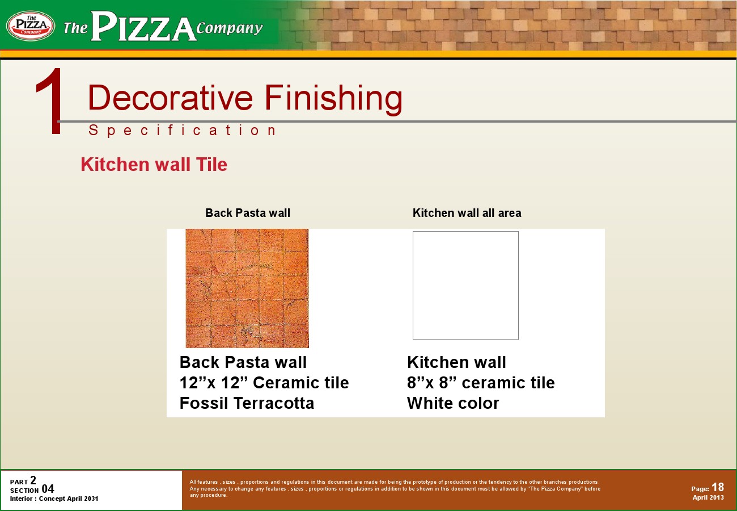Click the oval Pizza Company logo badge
coord(31,26)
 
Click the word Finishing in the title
coord(333,98)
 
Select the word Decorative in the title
coord(170,98)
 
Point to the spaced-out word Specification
coord(183,131)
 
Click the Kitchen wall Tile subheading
coord(154,165)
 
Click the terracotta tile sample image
coord(247,288)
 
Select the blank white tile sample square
coord(465,286)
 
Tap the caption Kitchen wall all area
coord(467,213)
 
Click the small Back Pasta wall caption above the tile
coord(248,213)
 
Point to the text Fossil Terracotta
coord(247,403)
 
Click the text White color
coord(453,403)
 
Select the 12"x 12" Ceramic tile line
coord(264,383)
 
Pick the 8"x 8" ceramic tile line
coord(481,383)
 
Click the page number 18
coord(718,487)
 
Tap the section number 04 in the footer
coord(48,489)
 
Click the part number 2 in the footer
coord(33,480)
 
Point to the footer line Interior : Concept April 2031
coord(54,499)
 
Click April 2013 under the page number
coord(708,497)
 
